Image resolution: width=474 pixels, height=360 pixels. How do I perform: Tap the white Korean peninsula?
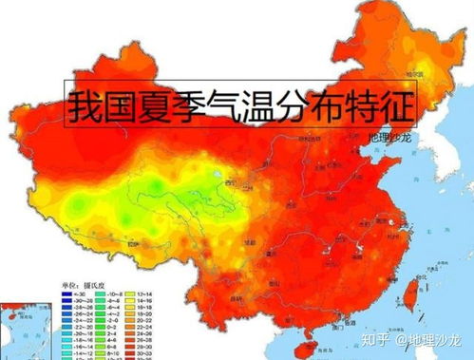[x=446, y=152]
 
